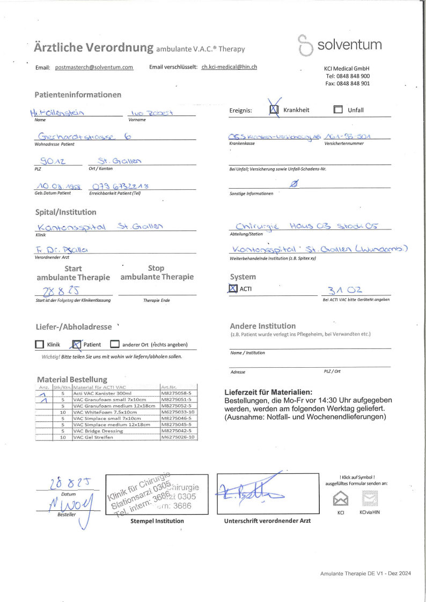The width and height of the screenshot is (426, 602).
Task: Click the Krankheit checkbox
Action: pos(274,110)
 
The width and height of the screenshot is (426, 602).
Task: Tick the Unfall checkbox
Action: pos(338,110)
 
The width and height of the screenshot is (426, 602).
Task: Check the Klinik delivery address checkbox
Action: pos(39,345)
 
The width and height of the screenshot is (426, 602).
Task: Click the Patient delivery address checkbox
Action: pos(77,345)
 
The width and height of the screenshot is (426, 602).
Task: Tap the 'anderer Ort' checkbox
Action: pos(114,345)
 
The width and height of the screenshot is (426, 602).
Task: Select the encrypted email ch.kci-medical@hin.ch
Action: pos(229,68)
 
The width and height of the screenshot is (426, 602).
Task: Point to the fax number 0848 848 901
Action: pos(347,84)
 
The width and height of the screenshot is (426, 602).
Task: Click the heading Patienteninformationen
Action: pos(78,95)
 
